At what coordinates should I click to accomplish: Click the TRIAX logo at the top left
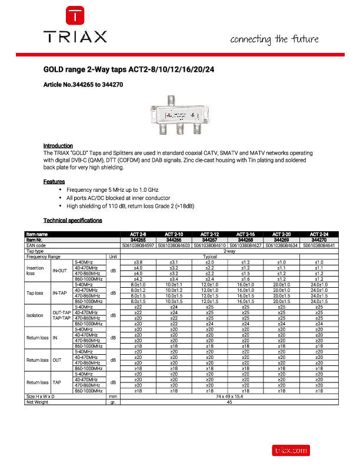[x=76, y=26]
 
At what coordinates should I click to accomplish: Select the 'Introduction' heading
[x=58, y=145]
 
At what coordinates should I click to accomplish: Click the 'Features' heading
[x=54, y=182]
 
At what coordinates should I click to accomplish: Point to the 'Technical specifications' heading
[x=72, y=220]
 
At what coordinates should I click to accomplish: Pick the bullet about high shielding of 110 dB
[x=130, y=207]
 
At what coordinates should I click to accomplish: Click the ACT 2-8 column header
[x=138, y=235]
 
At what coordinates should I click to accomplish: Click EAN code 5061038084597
[x=138, y=245]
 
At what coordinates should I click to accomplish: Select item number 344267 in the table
[x=210, y=240]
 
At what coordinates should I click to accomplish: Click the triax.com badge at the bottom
[x=290, y=450]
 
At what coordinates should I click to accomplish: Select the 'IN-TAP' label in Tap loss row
[x=59, y=292]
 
